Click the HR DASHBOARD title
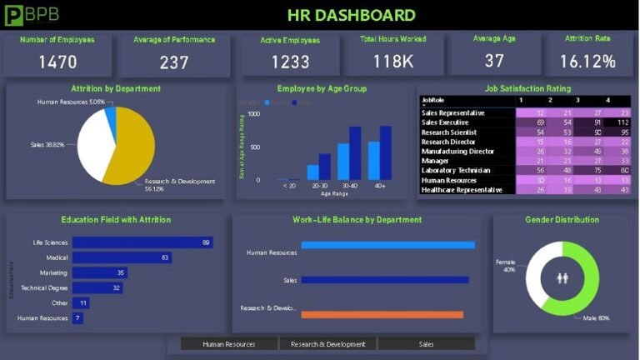click(x=351, y=15)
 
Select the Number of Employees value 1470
click(x=57, y=62)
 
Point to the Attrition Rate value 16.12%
click(x=587, y=62)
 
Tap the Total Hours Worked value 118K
click(x=393, y=62)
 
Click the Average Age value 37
click(x=494, y=61)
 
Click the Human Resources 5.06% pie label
click(x=72, y=102)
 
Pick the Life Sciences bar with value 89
click(x=142, y=242)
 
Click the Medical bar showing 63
click(x=122, y=257)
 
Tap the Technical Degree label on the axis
click(x=45, y=287)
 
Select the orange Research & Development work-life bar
click(x=382, y=314)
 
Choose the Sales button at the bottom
click(x=426, y=343)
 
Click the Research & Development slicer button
click(x=327, y=343)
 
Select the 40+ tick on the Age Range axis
click(x=380, y=186)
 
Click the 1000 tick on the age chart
click(x=254, y=113)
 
